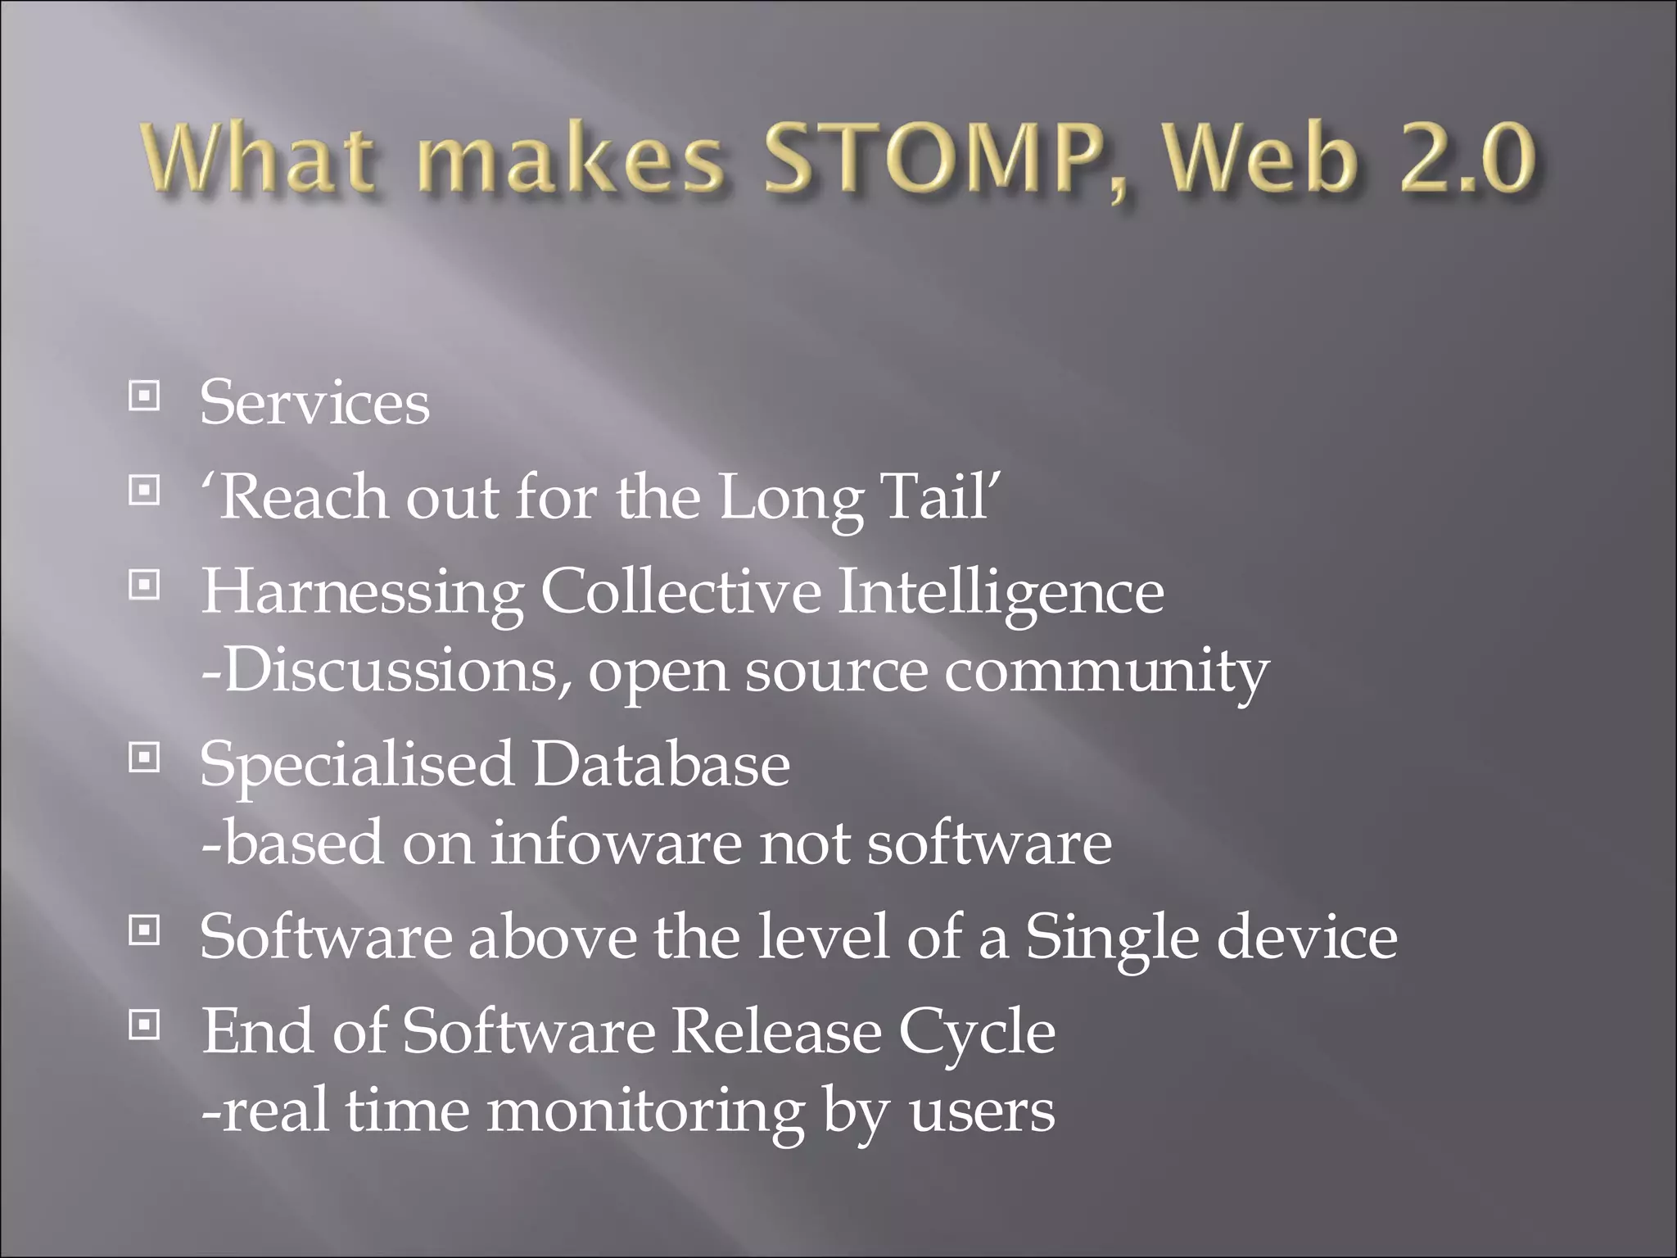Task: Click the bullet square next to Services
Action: pyautogui.click(x=144, y=397)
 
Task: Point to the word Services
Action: pyautogui.click(x=314, y=403)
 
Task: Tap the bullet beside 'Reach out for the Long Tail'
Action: pyautogui.click(x=144, y=491)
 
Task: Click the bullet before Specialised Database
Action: pyautogui.click(x=144, y=759)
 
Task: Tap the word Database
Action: pyautogui.click(x=662, y=764)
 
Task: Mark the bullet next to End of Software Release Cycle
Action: pyautogui.click(x=144, y=1024)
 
